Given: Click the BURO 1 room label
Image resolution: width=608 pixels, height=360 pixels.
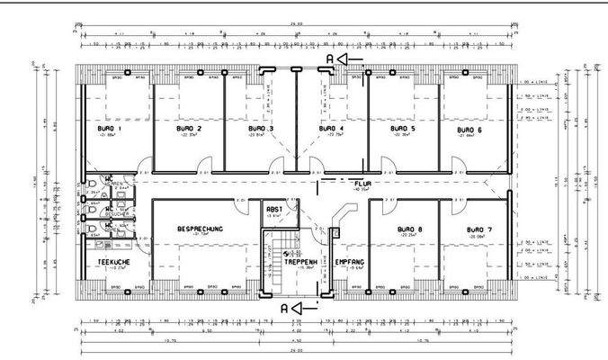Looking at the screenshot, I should click(x=110, y=129).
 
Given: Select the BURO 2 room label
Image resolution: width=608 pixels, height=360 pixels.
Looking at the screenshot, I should click(x=188, y=129).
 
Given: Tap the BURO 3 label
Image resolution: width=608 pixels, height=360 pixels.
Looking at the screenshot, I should click(x=261, y=129).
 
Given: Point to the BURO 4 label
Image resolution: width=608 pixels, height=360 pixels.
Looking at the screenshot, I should click(x=332, y=129).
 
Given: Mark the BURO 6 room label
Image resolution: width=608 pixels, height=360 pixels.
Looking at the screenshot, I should click(x=469, y=129).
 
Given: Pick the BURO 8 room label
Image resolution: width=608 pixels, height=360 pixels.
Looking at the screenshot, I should click(x=410, y=229).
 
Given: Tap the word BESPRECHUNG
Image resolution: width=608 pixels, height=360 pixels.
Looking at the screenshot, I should click(x=201, y=229).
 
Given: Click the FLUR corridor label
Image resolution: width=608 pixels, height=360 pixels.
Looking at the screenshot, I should click(x=363, y=183).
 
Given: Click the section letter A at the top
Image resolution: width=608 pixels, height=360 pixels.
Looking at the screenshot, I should click(x=330, y=58).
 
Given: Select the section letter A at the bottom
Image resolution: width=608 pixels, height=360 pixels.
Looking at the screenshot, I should click(x=284, y=307).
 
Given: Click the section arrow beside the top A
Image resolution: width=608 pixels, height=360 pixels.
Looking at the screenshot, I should click(x=352, y=58).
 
